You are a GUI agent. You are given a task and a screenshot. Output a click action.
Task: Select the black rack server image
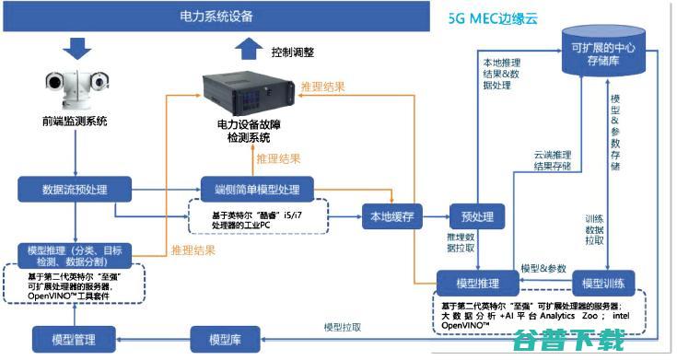coord(243,90)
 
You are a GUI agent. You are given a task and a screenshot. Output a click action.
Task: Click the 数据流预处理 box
coord(75,191)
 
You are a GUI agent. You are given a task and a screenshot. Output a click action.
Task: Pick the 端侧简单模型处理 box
coord(257,191)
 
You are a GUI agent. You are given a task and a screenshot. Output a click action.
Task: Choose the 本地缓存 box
coord(391,217)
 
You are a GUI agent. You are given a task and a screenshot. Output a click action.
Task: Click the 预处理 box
coord(477,217)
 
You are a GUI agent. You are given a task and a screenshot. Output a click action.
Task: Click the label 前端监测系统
coord(75,121)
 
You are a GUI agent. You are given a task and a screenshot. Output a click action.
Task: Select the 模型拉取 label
coord(342,327)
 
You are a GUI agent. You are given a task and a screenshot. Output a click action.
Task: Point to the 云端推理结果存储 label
coord(553,160)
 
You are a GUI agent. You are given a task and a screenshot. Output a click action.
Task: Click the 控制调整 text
coord(293,52)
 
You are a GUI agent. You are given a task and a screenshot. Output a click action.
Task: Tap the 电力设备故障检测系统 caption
coord(243,130)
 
